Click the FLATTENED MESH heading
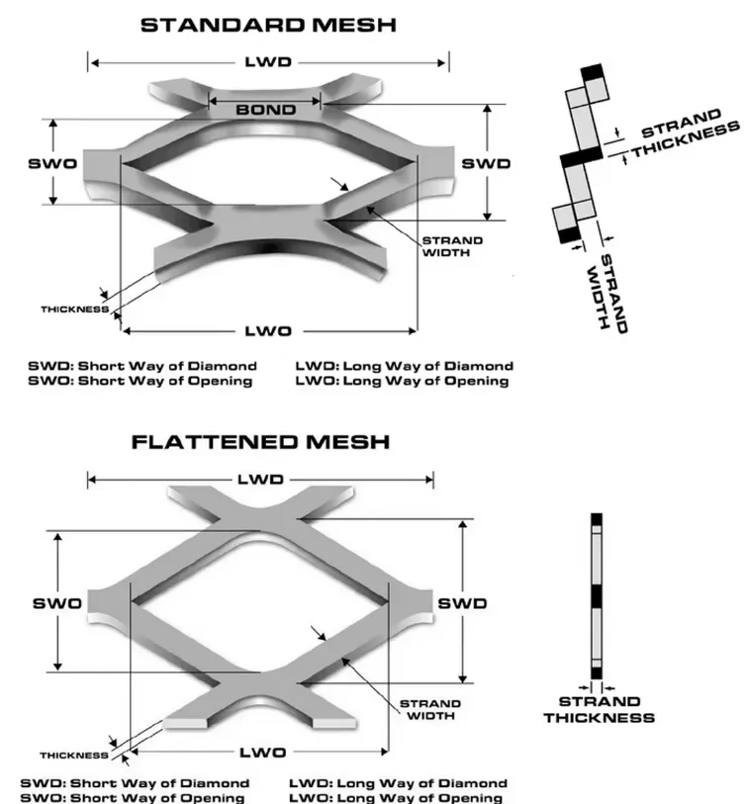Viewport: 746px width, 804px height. (x=260, y=442)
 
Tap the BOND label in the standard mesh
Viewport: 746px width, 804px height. (x=265, y=110)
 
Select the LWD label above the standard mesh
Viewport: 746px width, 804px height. (x=267, y=62)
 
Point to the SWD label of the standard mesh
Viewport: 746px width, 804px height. (x=487, y=163)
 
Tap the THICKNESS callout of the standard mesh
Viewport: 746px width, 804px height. (x=73, y=310)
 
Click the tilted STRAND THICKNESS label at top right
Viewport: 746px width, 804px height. (x=685, y=138)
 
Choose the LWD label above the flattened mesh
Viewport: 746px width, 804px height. (x=260, y=480)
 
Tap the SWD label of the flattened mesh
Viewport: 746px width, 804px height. (x=462, y=602)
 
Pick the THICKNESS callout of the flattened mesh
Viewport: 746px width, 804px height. (x=74, y=756)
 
